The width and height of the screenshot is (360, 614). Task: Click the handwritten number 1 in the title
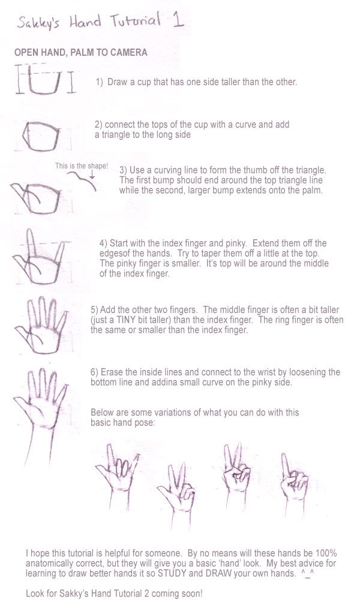pyautogui.click(x=178, y=20)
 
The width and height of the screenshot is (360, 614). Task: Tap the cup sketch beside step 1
pyautogui.click(x=46, y=80)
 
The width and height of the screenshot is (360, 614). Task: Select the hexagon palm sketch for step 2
pyautogui.click(x=41, y=136)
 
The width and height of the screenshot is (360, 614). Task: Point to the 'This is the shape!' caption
pyautogui.click(x=82, y=165)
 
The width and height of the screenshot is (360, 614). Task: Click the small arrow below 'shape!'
pyautogui.click(x=92, y=174)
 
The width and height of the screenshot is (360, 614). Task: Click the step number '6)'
pyautogui.click(x=94, y=372)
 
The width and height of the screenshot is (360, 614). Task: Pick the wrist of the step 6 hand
pyautogui.click(x=39, y=446)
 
